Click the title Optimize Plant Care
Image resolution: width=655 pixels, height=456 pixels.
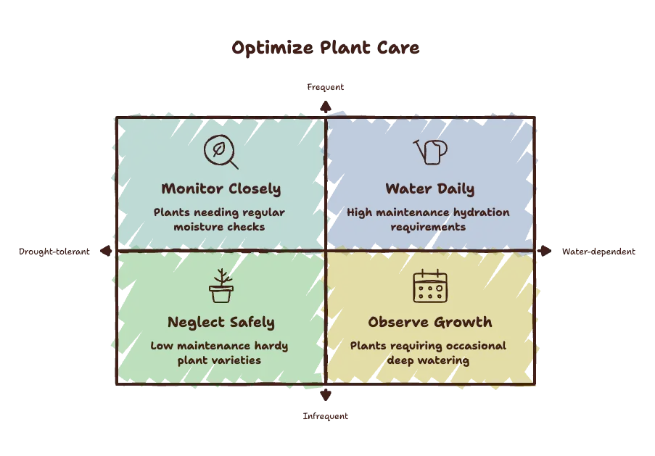pos(326,48)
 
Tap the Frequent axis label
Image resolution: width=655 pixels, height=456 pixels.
pos(326,87)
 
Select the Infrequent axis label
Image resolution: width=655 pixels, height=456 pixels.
pos(326,416)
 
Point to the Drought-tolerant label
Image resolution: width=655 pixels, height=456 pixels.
pos(54,252)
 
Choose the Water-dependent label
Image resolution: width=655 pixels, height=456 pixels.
pos(598,252)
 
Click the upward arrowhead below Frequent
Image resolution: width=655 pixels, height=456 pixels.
pos(326,107)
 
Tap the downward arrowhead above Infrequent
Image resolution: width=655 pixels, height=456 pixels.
pos(326,395)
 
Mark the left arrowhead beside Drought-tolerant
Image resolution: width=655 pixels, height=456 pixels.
pos(106,251)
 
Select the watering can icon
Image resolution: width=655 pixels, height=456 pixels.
pos(430,152)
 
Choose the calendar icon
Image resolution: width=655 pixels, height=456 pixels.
pos(430,286)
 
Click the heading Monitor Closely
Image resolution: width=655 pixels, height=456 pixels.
pos(221,188)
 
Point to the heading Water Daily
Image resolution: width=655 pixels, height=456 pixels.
pos(430,188)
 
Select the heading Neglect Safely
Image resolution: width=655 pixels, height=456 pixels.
pos(221,323)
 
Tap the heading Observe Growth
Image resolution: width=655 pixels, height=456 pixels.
pos(430,322)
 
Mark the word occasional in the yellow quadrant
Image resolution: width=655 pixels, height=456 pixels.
pos(475,346)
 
